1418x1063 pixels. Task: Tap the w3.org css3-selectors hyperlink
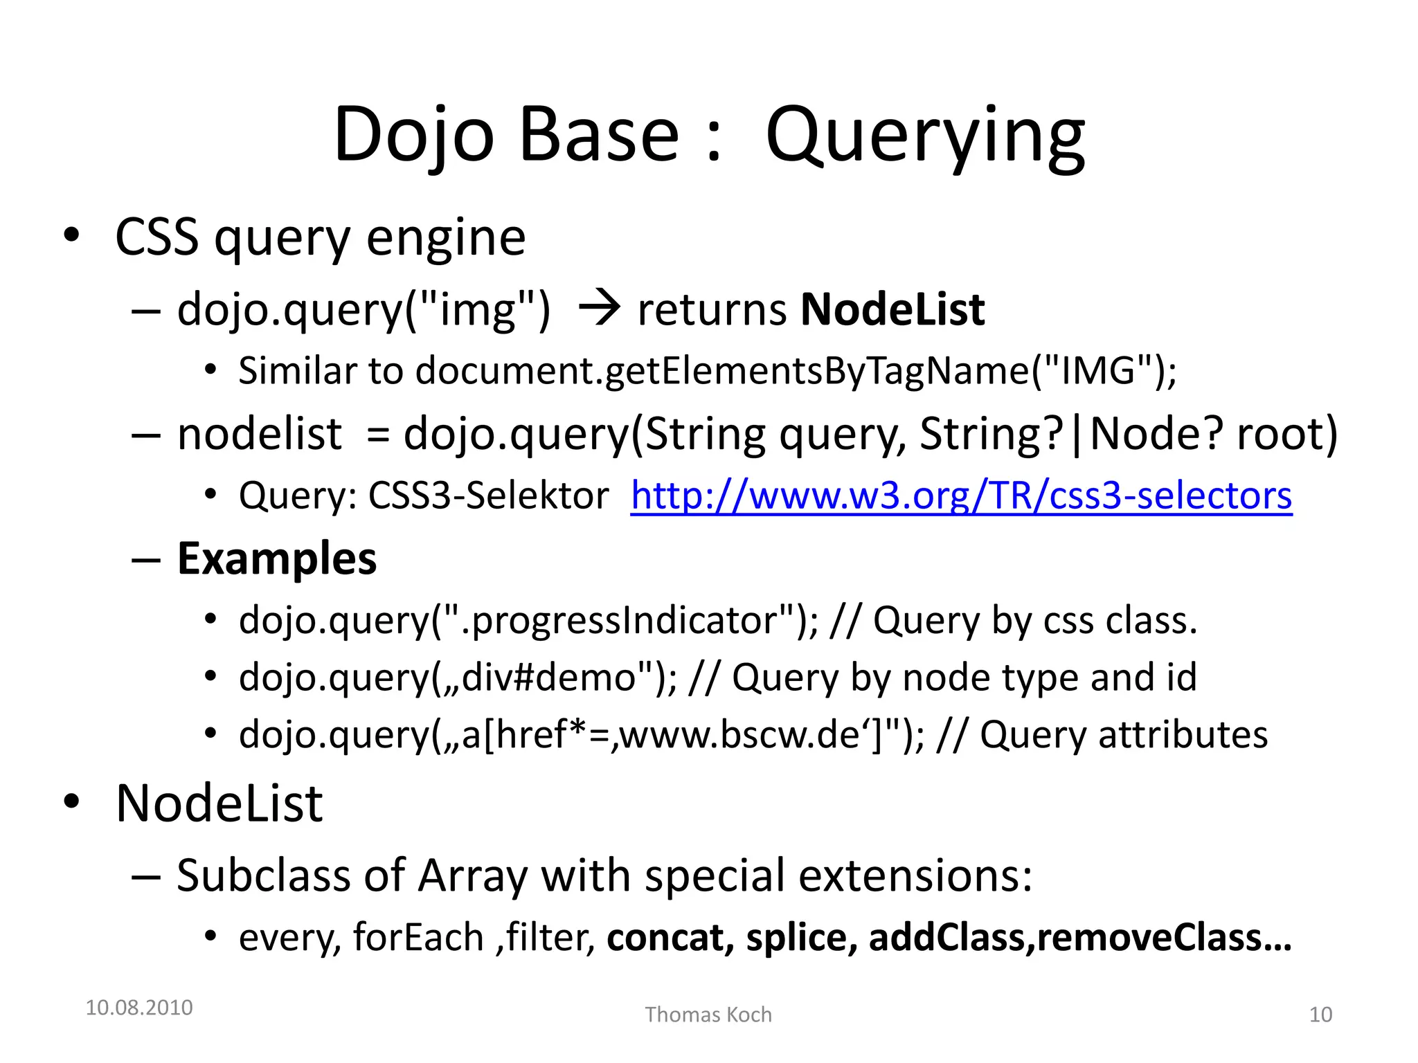coord(961,496)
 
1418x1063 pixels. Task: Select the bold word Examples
coord(277,558)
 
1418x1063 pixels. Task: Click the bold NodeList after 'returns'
coord(892,309)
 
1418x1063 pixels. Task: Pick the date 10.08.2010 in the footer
coord(139,1008)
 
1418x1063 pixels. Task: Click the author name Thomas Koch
coord(708,1015)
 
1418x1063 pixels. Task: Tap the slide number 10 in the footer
coord(1320,1015)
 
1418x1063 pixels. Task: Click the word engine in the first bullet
coord(446,238)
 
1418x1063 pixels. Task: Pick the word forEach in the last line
coord(418,938)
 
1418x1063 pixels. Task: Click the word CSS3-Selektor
coord(489,496)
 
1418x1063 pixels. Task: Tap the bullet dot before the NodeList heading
coord(72,802)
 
